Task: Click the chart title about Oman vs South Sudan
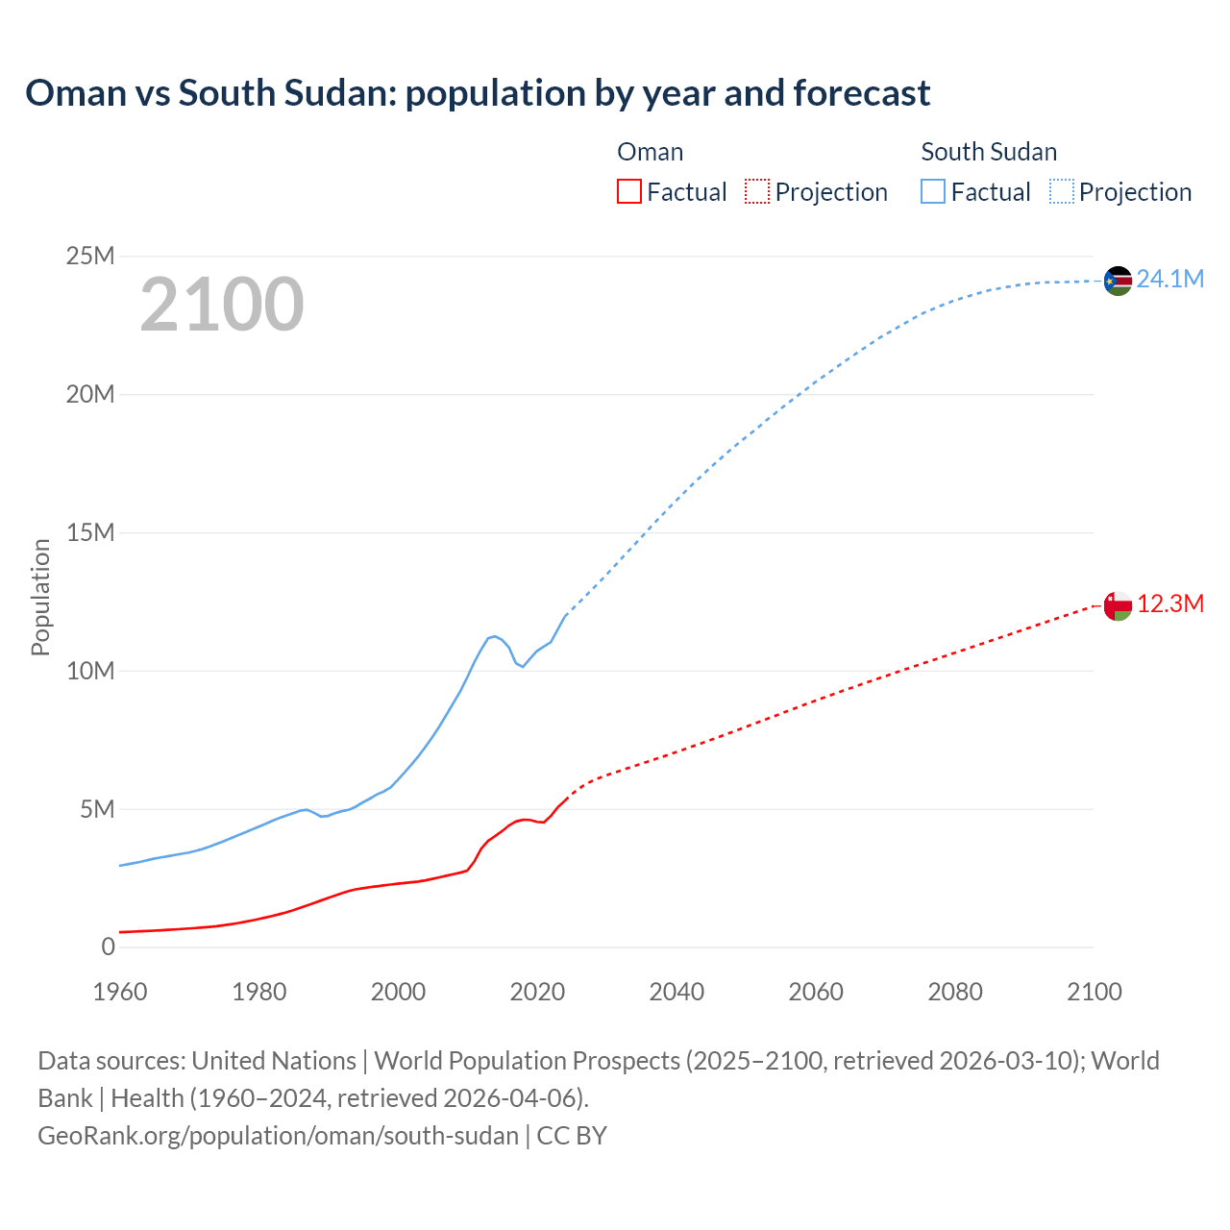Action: pos(478,93)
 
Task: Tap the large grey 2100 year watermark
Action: pos(222,305)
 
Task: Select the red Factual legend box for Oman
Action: pos(628,191)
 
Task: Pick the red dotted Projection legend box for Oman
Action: pos(757,191)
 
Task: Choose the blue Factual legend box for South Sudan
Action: pos(933,191)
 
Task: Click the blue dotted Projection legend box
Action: pos(1062,191)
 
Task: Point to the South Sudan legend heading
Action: pos(989,152)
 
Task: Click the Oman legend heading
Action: pos(651,152)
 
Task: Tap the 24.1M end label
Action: pos(1169,279)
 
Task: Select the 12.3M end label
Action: pos(1169,603)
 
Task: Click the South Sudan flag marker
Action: pos(1118,281)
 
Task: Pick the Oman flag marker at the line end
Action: pos(1118,605)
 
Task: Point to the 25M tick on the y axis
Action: pos(90,256)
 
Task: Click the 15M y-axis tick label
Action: pos(90,532)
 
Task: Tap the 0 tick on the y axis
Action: pos(108,947)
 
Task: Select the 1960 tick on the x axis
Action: pos(120,992)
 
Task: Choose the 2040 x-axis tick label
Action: pos(676,992)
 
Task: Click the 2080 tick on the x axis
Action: pos(955,992)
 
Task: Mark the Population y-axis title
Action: pos(40,597)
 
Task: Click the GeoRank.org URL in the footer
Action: pos(278,1136)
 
